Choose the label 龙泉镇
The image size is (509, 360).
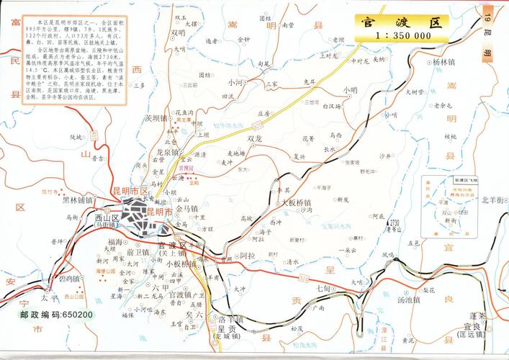[x=166, y=153]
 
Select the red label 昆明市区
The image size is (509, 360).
[x=130, y=190]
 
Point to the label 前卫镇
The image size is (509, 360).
[x=137, y=252]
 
